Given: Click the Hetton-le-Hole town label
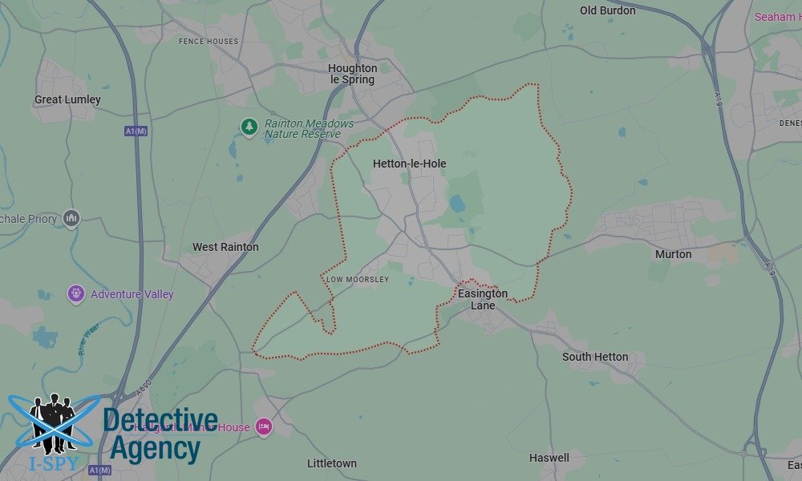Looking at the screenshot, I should [x=409, y=164].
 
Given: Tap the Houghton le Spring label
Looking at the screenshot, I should [x=352, y=75].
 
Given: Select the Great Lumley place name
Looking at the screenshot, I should [x=67, y=99].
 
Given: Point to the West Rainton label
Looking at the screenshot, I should [x=225, y=247].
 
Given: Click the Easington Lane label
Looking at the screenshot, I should [x=483, y=299].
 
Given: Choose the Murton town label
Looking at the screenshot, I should [x=673, y=254].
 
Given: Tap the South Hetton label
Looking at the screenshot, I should [x=595, y=357].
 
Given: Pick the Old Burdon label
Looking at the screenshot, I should [x=607, y=10].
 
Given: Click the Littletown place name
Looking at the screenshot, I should [x=332, y=463].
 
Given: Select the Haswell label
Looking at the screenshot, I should [x=549, y=458].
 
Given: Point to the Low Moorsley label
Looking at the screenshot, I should [x=358, y=280].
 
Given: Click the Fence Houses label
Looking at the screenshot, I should [x=209, y=41].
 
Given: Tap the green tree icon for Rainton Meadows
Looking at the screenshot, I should [x=249, y=127].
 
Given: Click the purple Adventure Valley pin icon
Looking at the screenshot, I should [x=76, y=293].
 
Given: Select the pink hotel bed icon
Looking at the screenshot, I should [x=263, y=426].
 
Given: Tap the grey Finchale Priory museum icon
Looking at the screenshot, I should [x=71, y=218].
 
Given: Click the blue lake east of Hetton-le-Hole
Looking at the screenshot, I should [x=457, y=204].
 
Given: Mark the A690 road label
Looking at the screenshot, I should [x=144, y=387].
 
